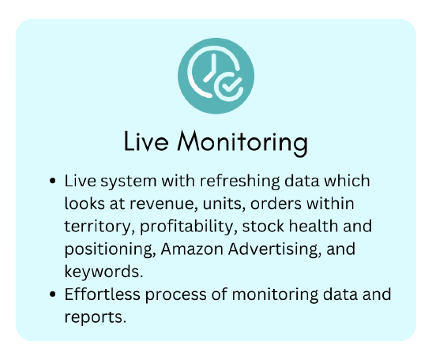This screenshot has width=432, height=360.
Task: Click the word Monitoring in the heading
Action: click(242, 142)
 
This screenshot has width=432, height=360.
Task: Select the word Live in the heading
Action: click(146, 141)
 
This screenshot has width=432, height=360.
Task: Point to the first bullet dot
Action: click(52, 182)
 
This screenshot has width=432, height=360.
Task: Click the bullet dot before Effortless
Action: click(52, 294)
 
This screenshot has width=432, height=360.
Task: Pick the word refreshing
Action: click(240, 182)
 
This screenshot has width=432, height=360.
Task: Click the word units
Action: click(224, 204)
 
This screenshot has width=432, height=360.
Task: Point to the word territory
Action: click(97, 227)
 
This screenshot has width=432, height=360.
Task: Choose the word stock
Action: click(263, 227)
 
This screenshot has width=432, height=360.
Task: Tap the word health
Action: click(314, 226)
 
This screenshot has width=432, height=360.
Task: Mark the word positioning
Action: click(110, 249)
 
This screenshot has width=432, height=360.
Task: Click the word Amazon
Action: click(192, 249)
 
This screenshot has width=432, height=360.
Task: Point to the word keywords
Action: click(103, 272)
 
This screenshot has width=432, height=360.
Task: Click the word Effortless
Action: click(102, 294)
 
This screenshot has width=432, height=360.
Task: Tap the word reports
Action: click(95, 317)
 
